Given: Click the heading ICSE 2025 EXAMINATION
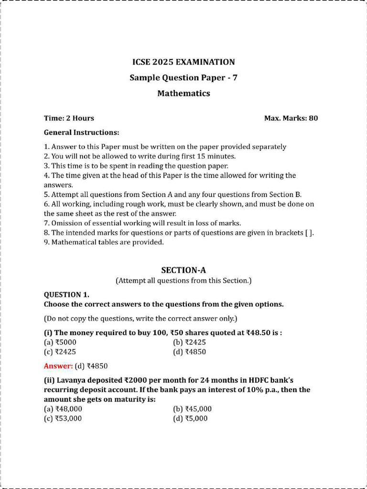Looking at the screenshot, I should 183,62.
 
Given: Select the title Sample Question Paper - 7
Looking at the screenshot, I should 183,78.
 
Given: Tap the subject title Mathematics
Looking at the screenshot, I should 183,94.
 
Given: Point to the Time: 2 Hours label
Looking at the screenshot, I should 69,118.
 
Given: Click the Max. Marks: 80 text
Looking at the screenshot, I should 291,118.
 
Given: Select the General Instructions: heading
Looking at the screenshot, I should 81,132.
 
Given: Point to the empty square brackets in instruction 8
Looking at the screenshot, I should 309,233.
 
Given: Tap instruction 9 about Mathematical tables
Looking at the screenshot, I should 104,242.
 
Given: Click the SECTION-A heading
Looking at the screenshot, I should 183,270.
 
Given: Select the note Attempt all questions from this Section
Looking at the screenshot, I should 183,280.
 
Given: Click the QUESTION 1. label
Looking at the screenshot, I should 66,295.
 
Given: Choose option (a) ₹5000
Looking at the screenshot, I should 60,342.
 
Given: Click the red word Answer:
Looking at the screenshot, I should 58,366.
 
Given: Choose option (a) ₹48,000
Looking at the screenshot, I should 63,409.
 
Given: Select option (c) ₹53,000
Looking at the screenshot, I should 63,419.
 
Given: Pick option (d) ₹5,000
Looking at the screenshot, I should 191,419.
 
